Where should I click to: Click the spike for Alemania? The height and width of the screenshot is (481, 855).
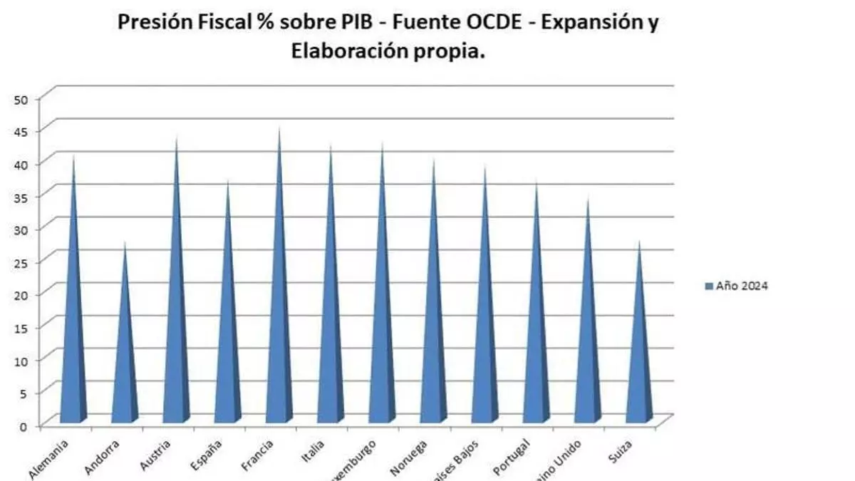tap(73, 321)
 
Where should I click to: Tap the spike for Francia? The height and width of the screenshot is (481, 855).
tap(279, 306)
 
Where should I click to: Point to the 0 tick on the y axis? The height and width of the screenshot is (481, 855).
tap(24, 425)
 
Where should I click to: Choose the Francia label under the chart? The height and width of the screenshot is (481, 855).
tap(260, 455)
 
